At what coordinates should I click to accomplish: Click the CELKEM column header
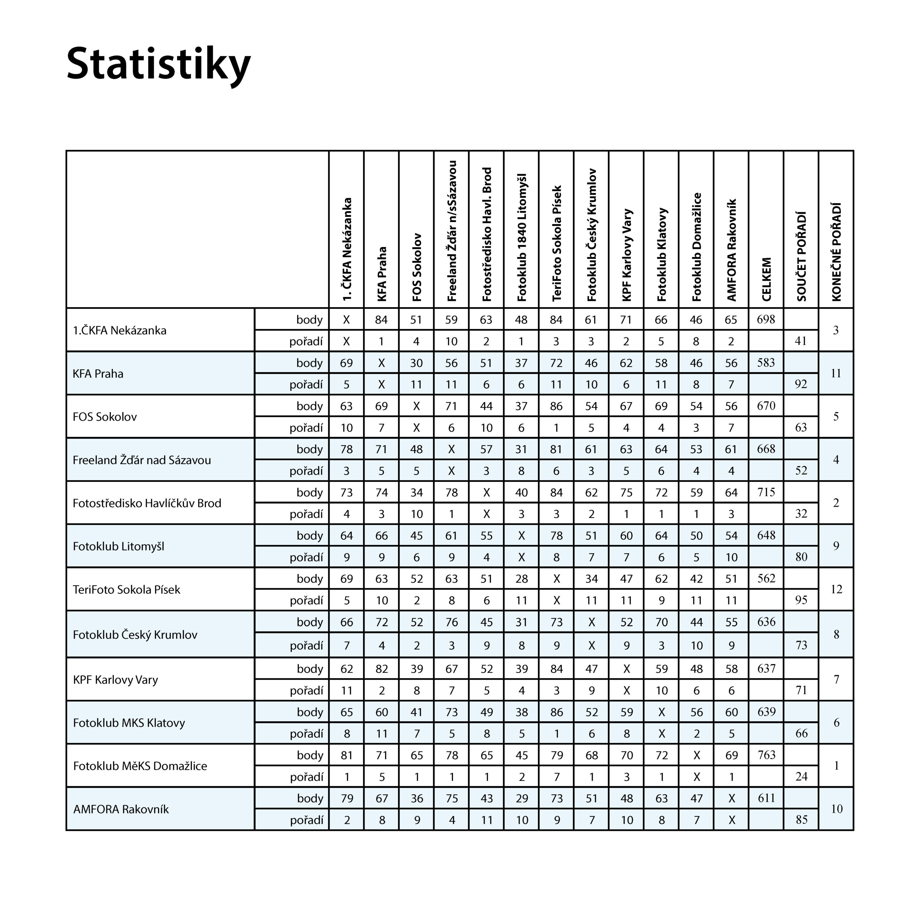tap(766, 279)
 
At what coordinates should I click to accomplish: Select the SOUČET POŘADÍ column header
tap(801, 257)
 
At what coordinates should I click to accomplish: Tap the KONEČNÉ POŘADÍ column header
tap(836, 252)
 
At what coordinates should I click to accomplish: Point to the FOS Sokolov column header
tap(416, 267)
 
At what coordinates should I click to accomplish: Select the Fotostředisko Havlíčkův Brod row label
tap(147, 503)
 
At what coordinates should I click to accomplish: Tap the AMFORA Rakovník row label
tap(121, 809)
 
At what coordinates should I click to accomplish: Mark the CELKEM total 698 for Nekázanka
tap(766, 319)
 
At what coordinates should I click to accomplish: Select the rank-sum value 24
tap(801, 776)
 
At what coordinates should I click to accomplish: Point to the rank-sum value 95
tap(801, 600)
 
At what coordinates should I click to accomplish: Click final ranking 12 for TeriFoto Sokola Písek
tap(836, 590)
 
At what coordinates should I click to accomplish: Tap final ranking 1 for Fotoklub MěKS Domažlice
tap(836, 766)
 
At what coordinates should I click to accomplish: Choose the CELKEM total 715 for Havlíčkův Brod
tap(766, 492)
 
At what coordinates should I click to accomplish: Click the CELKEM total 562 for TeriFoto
tap(766, 578)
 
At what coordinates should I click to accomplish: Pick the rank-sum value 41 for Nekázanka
tap(801, 341)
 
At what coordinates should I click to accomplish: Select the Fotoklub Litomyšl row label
tap(118, 546)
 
